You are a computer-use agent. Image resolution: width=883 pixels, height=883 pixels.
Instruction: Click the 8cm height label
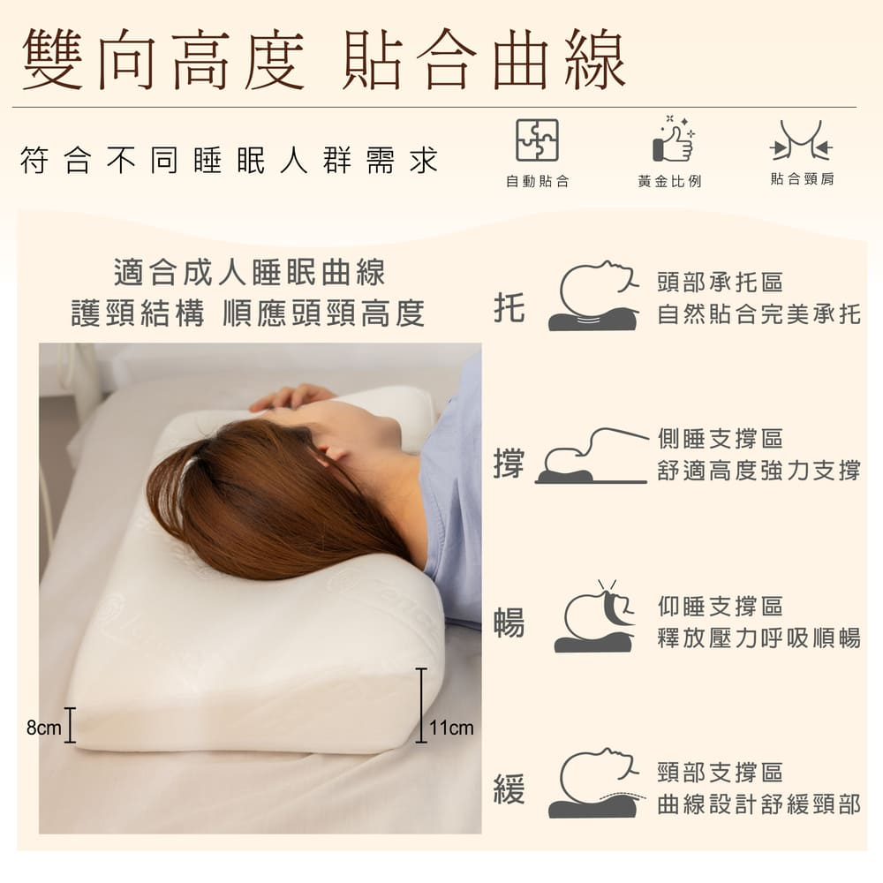click(43, 727)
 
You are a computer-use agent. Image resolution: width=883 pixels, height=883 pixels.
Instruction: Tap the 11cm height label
click(451, 728)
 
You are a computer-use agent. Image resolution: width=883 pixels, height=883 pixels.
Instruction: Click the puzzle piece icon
click(537, 140)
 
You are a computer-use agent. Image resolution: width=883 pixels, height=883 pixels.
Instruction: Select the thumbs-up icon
click(673, 139)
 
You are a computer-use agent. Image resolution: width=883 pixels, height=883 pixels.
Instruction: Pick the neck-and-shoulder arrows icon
click(801, 140)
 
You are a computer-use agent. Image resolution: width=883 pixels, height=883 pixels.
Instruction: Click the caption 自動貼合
click(537, 181)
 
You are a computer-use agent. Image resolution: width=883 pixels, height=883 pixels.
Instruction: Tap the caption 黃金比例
click(669, 181)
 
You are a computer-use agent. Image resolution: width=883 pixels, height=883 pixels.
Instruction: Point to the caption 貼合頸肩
click(802, 179)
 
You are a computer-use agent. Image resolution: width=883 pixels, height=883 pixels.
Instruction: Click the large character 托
click(509, 307)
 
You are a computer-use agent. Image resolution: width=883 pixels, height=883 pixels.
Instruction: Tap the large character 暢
click(509, 623)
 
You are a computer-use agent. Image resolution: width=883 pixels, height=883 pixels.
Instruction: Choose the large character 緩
click(509, 789)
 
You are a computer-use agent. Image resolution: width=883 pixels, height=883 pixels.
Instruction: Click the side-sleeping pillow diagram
click(592, 457)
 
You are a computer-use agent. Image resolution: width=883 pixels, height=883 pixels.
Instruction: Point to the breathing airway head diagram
click(594, 616)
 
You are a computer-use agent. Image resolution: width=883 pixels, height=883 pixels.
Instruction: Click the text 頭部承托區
click(721, 283)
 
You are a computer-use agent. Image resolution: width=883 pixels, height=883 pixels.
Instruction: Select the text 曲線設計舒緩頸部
click(759, 804)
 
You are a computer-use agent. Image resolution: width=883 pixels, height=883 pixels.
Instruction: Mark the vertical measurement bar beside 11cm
click(420, 705)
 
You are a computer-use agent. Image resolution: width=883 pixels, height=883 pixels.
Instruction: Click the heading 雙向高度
click(163, 60)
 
